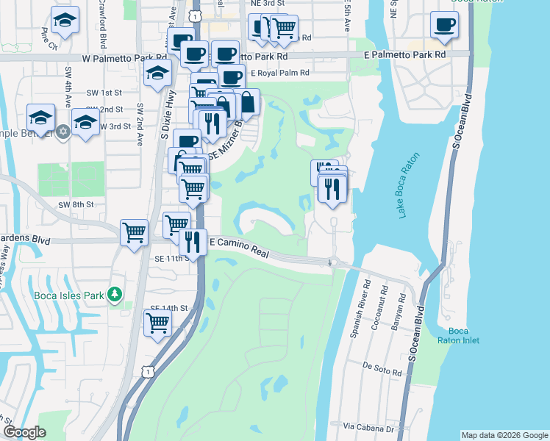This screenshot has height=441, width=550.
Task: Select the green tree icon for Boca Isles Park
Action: pos(114,295)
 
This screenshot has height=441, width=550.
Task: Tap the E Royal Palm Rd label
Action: pos(279,73)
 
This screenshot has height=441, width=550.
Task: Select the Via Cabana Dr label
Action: pos(365,426)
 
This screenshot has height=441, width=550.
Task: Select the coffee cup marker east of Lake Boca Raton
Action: pos(444,24)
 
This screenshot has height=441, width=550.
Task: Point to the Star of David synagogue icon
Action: pos(63,132)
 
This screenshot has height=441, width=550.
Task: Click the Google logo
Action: pos(24,433)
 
